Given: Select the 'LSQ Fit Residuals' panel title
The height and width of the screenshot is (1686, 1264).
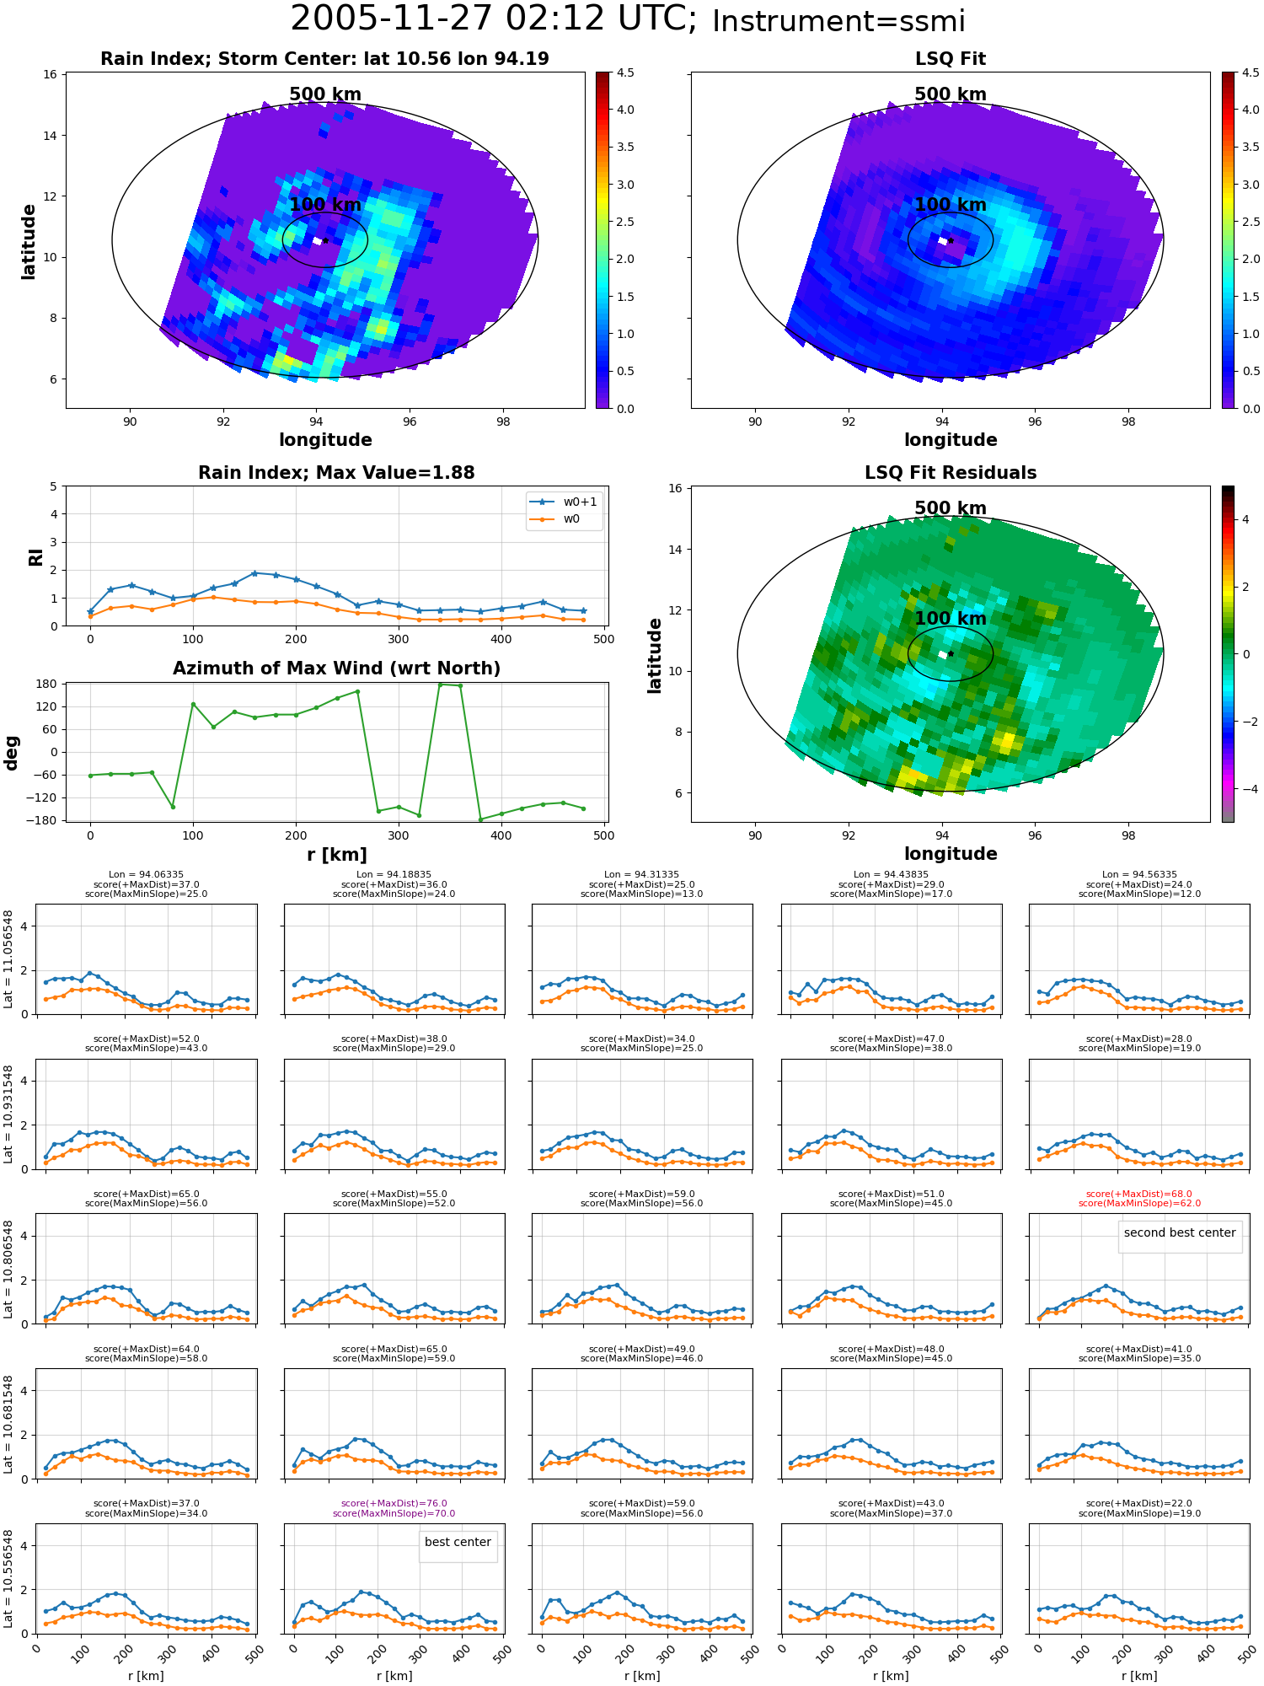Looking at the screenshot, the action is point(951,473).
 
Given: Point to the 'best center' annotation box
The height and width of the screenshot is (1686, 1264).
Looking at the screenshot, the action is point(458,1542).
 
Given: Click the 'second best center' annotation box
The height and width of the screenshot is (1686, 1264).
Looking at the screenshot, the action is point(1180,1232).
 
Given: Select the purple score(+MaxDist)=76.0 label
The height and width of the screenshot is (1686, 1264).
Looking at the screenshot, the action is point(394,1503).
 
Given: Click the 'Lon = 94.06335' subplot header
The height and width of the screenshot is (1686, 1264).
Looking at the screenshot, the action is point(146,875).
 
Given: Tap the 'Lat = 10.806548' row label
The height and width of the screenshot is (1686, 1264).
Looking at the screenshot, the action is point(8,1269).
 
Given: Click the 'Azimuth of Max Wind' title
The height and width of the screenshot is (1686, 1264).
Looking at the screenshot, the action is point(336,668).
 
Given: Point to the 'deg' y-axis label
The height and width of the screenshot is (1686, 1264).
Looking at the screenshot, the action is point(12,753).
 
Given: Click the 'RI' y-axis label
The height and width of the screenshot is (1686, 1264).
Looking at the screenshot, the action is point(35,557).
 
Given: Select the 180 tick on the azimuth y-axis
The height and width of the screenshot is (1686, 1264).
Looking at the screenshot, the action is point(47,684).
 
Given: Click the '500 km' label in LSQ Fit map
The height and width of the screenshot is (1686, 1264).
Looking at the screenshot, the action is point(951,94).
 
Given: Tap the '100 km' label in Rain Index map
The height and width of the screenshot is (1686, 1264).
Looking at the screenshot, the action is point(325,205).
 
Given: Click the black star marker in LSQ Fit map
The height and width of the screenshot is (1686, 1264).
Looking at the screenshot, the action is point(951,240).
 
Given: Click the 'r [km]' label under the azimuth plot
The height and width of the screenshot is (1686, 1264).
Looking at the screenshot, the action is point(336,855).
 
